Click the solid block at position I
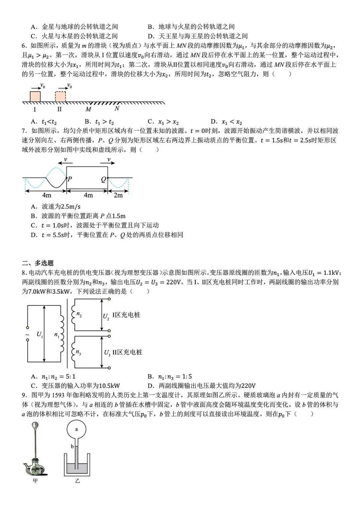35,96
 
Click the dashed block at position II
61,96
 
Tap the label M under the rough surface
88,109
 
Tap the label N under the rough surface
117,109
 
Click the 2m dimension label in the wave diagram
118,195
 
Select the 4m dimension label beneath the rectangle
88,195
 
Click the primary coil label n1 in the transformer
57,334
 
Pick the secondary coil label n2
79,314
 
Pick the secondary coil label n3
78,352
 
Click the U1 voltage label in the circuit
39,334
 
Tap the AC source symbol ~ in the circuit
27,334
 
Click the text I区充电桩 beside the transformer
126,315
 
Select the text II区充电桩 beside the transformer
127,352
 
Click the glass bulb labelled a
77,429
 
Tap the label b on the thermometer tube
72,446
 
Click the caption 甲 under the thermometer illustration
35,481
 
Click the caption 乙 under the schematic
77,481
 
